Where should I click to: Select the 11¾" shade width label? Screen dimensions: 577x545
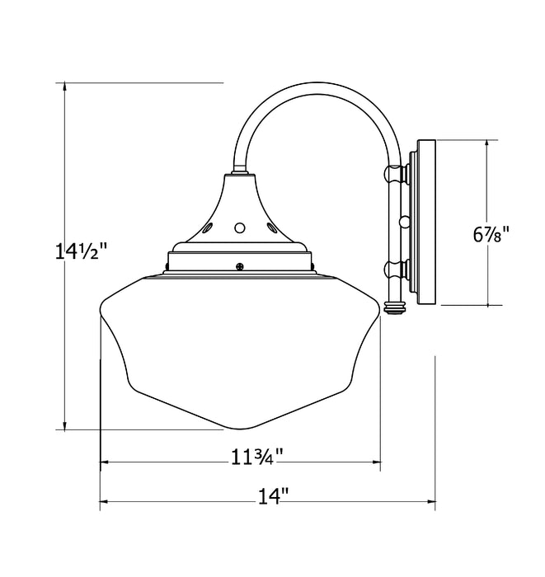[x=256, y=455]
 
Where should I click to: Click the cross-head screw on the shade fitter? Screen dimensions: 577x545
[x=240, y=265]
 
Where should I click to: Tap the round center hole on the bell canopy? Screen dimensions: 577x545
[x=240, y=227]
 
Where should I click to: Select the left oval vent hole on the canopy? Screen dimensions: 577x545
[x=210, y=224]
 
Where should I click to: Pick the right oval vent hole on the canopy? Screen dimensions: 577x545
[x=270, y=224]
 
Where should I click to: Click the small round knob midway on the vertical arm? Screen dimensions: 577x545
[x=404, y=221]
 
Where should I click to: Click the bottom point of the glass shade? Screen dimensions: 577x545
[x=239, y=429]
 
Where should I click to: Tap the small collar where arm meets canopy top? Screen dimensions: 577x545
[x=240, y=172]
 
